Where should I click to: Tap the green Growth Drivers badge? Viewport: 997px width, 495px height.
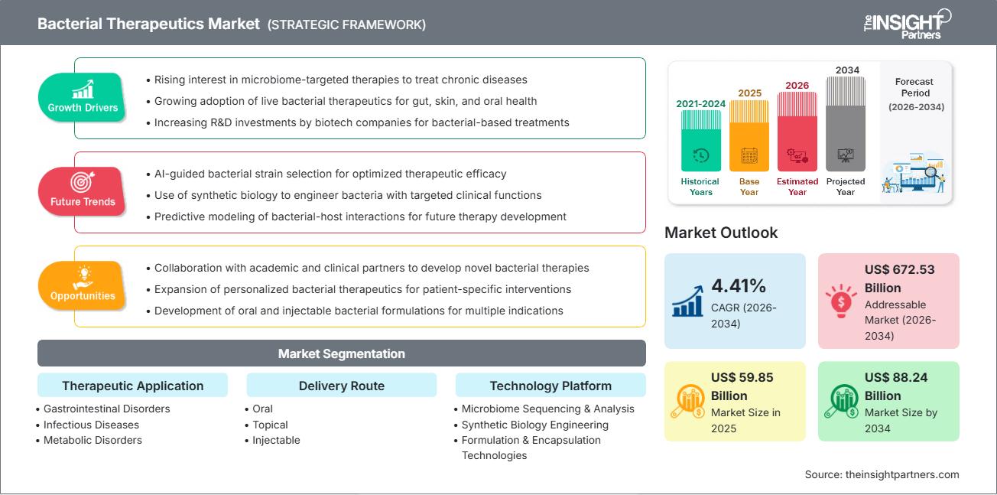[83, 97]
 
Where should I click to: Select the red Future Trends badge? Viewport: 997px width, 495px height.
[83, 191]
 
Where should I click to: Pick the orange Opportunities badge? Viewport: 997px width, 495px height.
[83, 285]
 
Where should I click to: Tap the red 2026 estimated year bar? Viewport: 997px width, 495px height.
[797, 131]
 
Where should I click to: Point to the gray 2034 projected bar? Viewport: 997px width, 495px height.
[846, 123]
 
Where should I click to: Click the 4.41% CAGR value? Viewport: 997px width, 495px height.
[739, 286]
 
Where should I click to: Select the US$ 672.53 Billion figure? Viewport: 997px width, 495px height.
[900, 278]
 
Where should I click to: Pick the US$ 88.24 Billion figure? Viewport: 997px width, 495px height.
[900, 386]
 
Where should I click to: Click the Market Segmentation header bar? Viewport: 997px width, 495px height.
[341, 353]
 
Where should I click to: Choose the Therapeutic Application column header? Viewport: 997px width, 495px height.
[133, 386]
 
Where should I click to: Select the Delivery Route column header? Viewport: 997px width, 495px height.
[341, 386]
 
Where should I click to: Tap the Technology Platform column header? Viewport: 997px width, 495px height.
[550, 386]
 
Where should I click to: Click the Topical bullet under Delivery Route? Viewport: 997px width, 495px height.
[270, 425]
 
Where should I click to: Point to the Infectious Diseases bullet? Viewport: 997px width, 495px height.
[91, 425]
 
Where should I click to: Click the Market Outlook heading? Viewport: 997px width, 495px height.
[721, 233]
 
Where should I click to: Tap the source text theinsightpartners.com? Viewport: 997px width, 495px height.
[882, 474]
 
